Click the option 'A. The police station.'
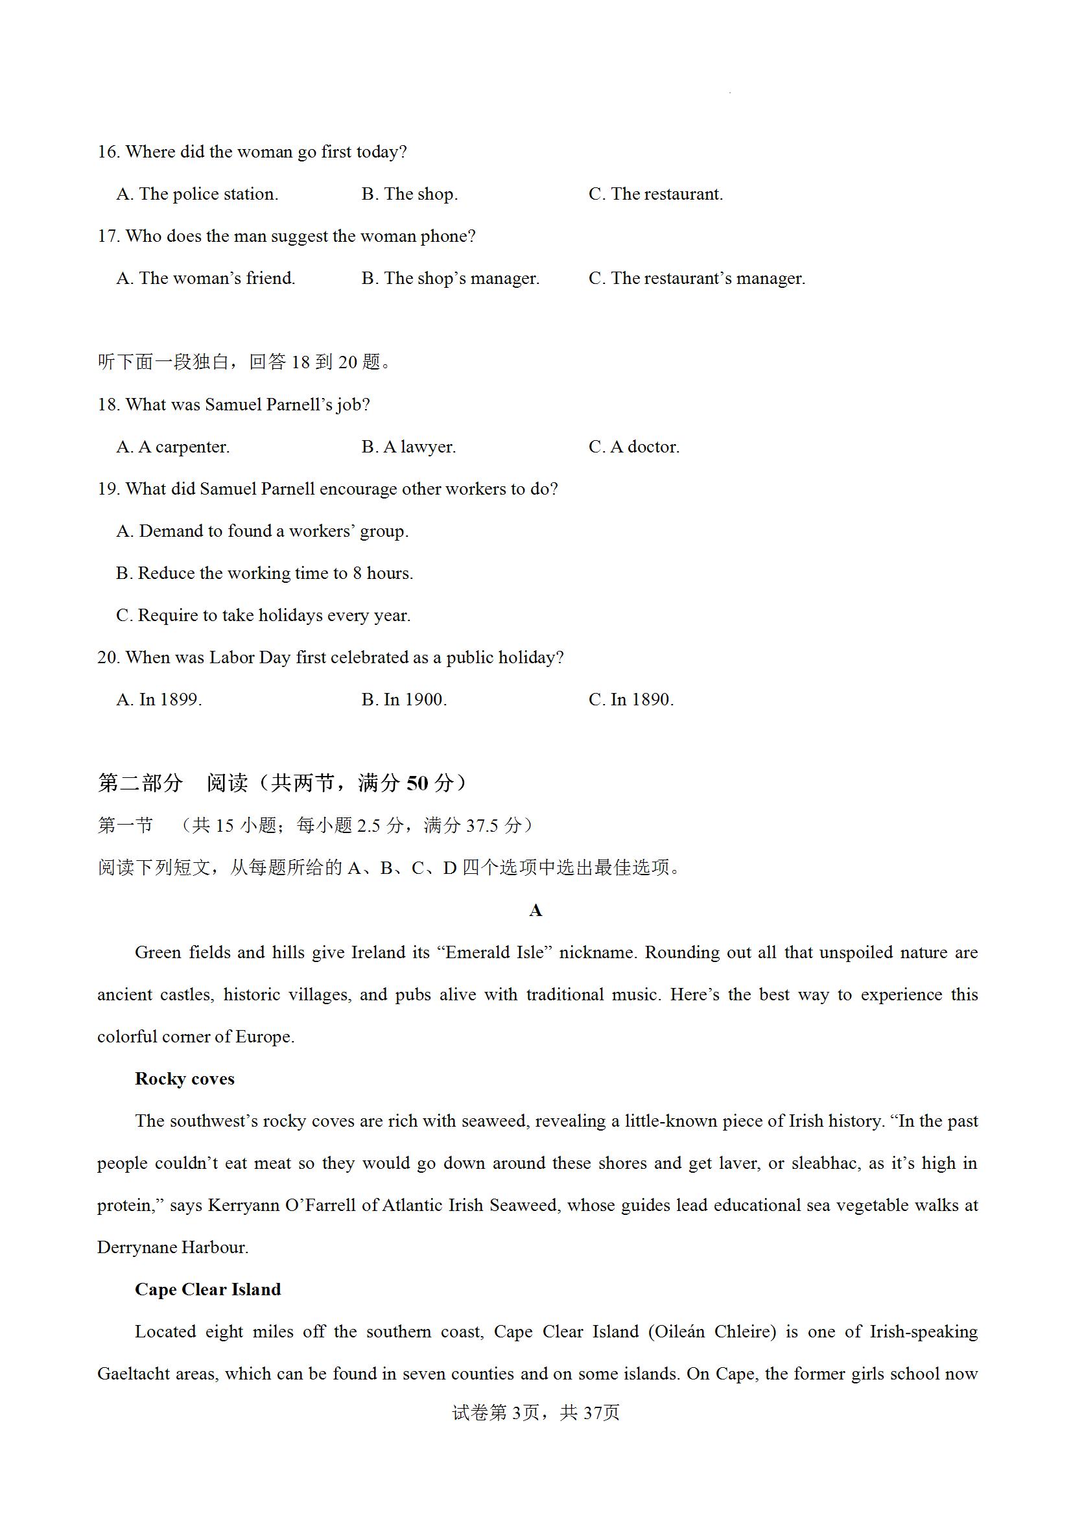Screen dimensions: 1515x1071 pyautogui.click(x=197, y=194)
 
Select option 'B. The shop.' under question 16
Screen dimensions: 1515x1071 pyautogui.click(x=409, y=194)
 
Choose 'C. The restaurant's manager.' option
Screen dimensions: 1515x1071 pyautogui.click(x=696, y=279)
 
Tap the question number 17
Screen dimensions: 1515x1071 pyautogui.click(x=108, y=236)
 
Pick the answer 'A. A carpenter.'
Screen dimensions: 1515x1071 pyautogui.click(x=173, y=447)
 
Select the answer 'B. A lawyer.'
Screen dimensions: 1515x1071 pyautogui.click(x=408, y=447)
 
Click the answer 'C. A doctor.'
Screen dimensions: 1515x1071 pyautogui.click(x=633, y=447)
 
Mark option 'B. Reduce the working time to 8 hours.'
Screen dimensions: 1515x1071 pyautogui.click(x=265, y=574)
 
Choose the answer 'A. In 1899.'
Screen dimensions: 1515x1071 pyautogui.click(x=159, y=699)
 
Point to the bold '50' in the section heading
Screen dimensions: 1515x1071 pyautogui.click(x=417, y=783)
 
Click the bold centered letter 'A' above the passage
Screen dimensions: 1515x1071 pyautogui.click(x=535, y=911)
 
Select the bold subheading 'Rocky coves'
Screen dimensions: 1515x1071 pyautogui.click(x=185, y=1079)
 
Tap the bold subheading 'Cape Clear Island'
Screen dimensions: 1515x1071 pyautogui.click(x=208, y=1289)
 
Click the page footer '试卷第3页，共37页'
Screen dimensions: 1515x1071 pyautogui.click(x=535, y=1413)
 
